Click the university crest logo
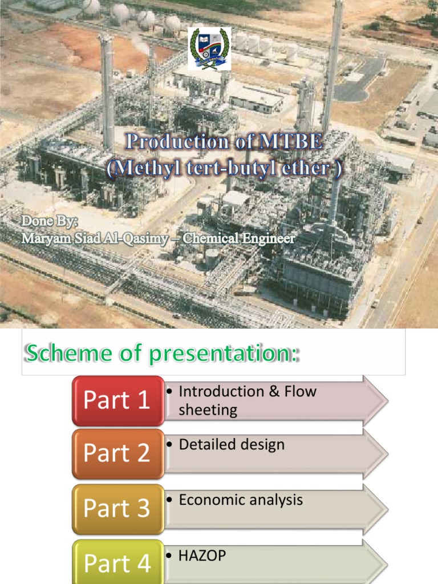point(209,49)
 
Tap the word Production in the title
point(177,141)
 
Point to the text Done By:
point(50,221)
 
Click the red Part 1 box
point(118,401)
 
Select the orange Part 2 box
point(118,453)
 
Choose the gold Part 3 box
point(118,509)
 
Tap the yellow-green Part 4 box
point(118,562)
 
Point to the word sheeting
point(208,410)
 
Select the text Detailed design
point(232,445)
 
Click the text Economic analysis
point(241,500)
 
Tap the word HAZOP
point(202,555)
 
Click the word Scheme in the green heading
point(68,352)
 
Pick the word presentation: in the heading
point(224,354)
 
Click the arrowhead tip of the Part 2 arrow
point(388,454)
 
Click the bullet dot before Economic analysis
point(169,500)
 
